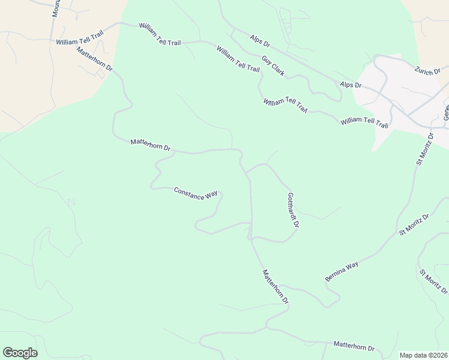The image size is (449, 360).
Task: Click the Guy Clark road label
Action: [273, 65]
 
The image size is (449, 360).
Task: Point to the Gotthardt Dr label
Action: [293, 209]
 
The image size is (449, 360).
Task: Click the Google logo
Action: [20, 353]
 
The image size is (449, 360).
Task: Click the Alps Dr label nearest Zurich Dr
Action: [351, 85]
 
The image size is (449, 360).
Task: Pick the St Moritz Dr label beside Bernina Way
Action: [414, 224]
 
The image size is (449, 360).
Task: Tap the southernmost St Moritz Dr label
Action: [433, 281]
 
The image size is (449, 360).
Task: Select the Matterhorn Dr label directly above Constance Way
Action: [151, 145]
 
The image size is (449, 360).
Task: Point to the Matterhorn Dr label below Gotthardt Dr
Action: [276, 286]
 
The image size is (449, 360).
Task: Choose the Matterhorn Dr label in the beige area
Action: [95, 60]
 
